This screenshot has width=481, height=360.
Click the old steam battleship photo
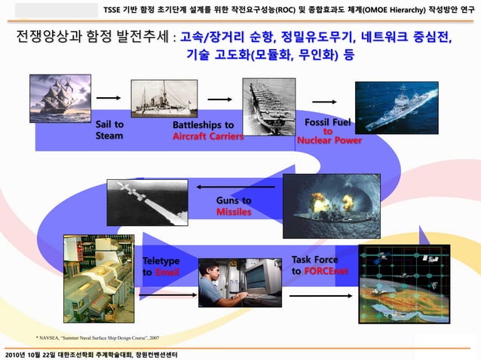point(164,99)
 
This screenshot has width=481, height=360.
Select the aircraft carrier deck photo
point(268,106)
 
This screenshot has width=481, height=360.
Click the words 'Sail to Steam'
point(109,130)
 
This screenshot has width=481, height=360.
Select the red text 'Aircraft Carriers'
point(208,137)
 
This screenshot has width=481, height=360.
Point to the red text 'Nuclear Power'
point(329,140)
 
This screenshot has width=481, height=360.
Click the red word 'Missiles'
point(234,212)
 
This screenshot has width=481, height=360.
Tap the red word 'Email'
point(167,272)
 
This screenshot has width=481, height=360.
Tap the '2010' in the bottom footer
point(15,354)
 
